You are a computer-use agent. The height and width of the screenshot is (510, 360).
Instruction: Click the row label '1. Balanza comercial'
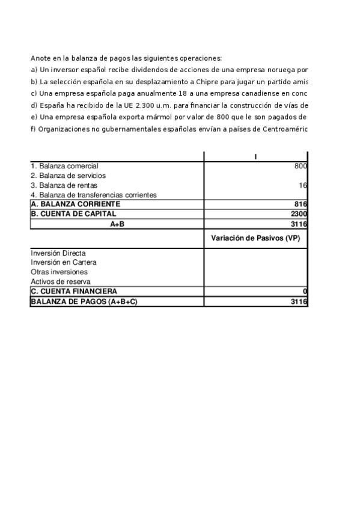64,166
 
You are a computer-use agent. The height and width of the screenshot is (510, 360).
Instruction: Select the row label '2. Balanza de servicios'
68,176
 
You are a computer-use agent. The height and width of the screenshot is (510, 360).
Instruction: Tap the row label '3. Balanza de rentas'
64,185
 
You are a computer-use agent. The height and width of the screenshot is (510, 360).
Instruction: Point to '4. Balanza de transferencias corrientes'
93,195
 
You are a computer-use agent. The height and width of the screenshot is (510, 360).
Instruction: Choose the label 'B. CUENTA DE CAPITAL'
73,214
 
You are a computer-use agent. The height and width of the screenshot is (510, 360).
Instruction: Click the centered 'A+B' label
117,224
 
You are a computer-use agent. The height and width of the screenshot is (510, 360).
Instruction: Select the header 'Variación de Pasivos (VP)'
255,238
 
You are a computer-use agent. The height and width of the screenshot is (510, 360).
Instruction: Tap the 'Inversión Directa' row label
58,253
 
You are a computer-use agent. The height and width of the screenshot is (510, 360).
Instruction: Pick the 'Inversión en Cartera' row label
63,262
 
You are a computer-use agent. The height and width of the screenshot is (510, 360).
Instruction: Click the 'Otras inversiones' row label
59,272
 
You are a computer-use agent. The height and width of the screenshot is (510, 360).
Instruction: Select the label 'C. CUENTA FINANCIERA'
74,291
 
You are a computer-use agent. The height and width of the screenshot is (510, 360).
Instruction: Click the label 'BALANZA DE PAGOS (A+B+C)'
84,301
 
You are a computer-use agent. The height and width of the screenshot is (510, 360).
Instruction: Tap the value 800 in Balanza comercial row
301,166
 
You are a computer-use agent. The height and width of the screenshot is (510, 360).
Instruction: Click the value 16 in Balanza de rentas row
303,185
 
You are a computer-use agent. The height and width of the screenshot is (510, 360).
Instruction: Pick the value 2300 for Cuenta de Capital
299,214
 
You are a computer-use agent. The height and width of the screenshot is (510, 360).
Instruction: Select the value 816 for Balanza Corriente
301,204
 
